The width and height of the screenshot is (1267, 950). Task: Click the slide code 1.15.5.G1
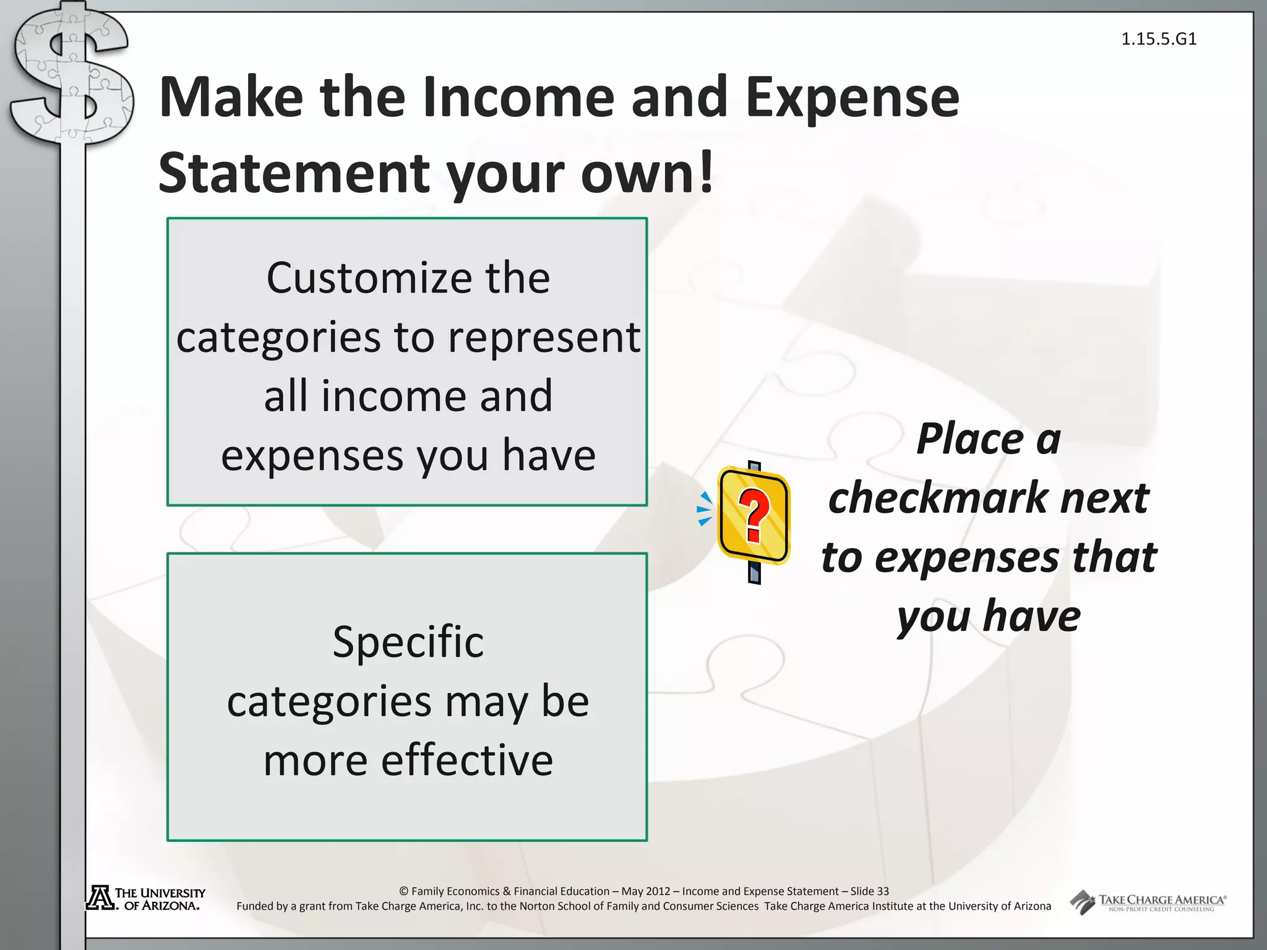point(1159,39)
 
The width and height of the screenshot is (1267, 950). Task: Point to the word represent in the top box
point(544,338)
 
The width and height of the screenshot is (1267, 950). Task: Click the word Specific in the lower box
point(408,642)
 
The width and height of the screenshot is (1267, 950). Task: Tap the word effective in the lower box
point(467,760)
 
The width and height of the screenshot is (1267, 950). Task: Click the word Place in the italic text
point(970,439)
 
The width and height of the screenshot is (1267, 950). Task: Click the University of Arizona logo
point(146,899)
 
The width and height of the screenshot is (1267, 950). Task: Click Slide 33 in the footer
point(869,891)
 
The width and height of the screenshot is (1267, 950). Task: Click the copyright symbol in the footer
point(404,891)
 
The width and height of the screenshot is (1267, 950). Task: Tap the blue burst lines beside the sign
point(705,509)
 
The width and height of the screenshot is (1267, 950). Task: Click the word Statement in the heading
point(293,173)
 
